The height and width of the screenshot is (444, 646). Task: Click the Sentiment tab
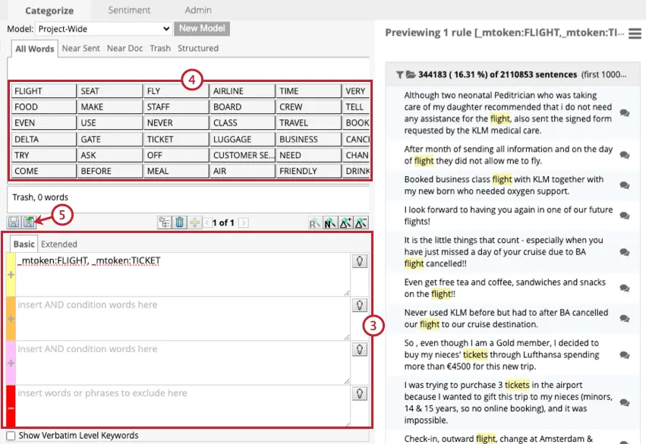[129, 11]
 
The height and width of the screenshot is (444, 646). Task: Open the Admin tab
[198, 11]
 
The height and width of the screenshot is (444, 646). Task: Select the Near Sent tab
[81, 49]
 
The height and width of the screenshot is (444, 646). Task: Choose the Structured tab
[198, 49]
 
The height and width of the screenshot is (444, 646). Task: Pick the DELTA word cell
[43, 140]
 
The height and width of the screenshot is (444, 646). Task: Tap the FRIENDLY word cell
[307, 172]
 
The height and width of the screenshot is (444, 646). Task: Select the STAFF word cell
[175, 107]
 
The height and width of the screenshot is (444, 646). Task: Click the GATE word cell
[109, 140]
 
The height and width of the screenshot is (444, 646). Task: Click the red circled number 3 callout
[373, 326]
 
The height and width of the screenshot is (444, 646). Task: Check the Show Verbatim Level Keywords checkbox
[11, 436]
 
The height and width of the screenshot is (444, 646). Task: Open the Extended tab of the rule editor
[59, 244]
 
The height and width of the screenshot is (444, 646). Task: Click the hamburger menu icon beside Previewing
[635, 33]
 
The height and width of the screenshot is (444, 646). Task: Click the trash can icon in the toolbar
[180, 222]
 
